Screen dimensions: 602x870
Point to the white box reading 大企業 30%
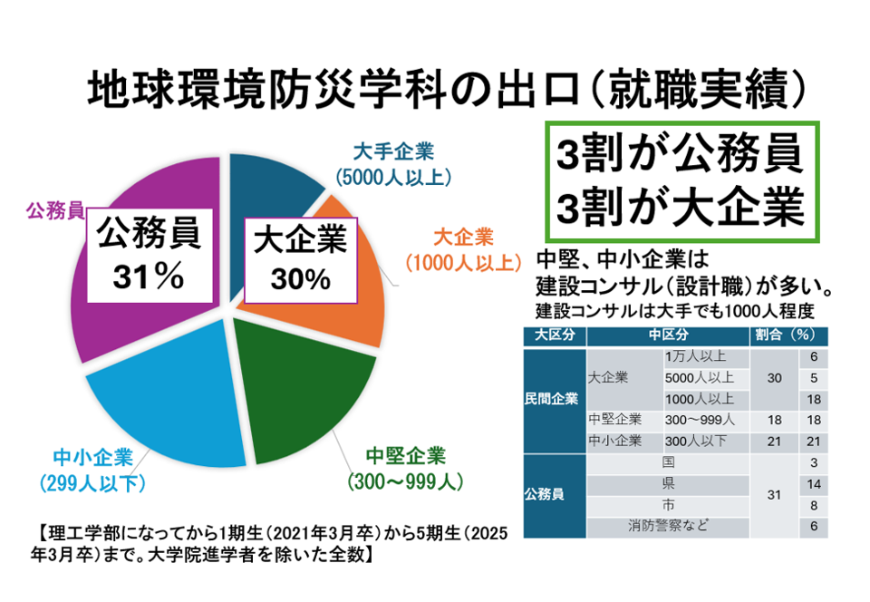300,258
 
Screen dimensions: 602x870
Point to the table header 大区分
554,334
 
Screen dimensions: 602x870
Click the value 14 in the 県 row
813,483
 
